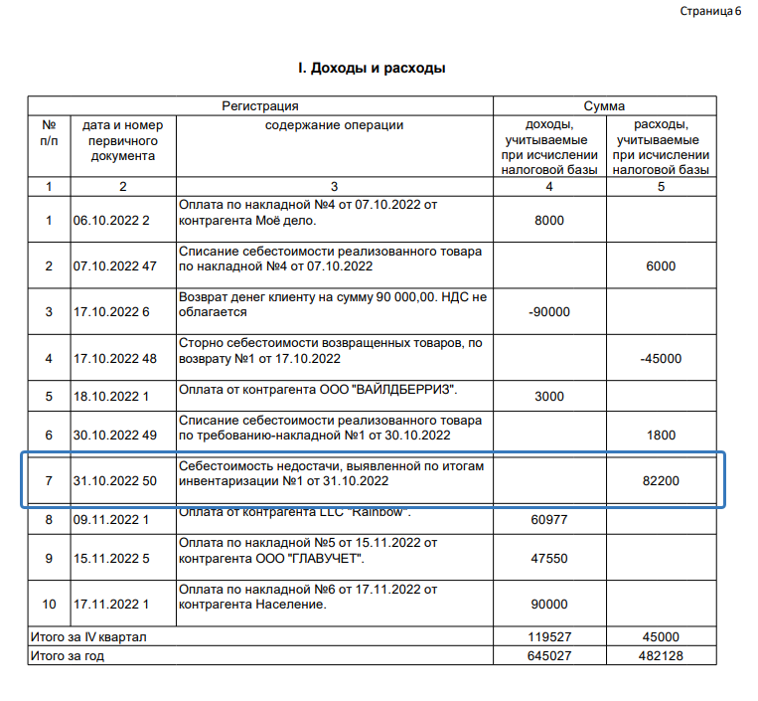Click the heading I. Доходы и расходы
[x=372, y=69]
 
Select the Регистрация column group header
[x=260, y=105]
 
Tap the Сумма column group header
[x=604, y=105]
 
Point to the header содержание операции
[x=334, y=125]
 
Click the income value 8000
[x=549, y=220]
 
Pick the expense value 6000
[x=660, y=265]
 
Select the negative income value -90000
[x=549, y=311]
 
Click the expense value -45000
[x=660, y=358]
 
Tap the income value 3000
[x=549, y=397]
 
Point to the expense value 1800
[x=660, y=435]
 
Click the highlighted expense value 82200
[x=660, y=481]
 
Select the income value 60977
[x=549, y=519]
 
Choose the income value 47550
[x=549, y=558]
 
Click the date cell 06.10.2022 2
[x=110, y=220]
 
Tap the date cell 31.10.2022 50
[x=114, y=481]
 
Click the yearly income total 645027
[x=549, y=655]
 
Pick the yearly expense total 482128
[x=660, y=655]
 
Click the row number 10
[x=49, y=604]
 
